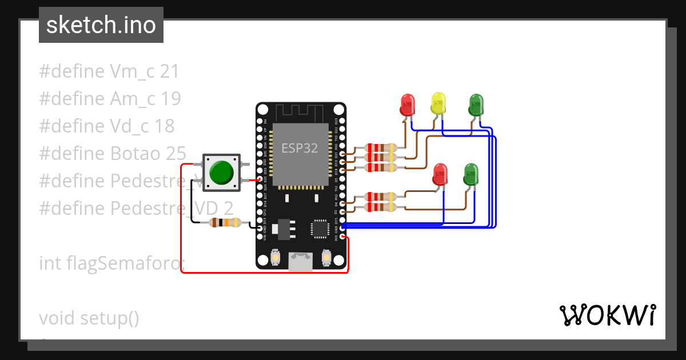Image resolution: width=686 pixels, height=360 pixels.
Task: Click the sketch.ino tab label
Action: (101, 25)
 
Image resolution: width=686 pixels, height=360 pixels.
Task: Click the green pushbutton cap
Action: (221, 173)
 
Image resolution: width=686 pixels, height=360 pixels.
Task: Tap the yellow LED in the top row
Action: (438, 104)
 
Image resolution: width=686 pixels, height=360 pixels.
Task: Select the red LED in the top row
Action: (407, 105)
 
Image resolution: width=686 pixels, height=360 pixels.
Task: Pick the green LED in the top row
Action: (476, 105)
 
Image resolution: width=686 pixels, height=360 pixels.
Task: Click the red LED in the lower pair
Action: (440, 174)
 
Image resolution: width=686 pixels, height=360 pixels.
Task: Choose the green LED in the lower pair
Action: (470, 174)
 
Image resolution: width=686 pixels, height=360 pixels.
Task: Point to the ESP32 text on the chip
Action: (300, 148)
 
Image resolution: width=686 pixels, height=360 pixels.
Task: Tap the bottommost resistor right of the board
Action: (380, 206)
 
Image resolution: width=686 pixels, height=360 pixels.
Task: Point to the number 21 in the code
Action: (170, 71)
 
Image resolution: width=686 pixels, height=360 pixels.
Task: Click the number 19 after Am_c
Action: (171, 99)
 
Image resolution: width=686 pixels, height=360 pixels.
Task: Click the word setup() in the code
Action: (109, 318)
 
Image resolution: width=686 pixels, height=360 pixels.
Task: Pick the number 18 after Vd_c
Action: (165, 126)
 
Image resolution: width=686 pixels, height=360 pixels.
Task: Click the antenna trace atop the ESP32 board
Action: (301, 112)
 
